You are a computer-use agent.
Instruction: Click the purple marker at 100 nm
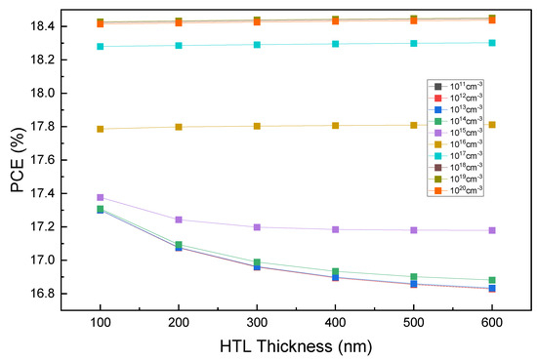click(x=100, y=198)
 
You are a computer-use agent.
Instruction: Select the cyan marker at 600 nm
click(x=492, y=43)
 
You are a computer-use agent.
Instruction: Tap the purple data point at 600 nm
click(x=492, y=230)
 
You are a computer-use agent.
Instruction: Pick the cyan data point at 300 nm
click(x=296, y=45)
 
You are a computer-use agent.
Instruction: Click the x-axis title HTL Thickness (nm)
click(x=296, y=346)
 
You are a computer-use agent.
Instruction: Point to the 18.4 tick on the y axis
click(x=44, y=26)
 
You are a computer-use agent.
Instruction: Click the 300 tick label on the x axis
click(x=296, y=322)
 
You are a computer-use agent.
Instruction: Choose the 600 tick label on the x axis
click(x=492, y=322)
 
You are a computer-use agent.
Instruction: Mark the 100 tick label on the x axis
click(x=100, y=322)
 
